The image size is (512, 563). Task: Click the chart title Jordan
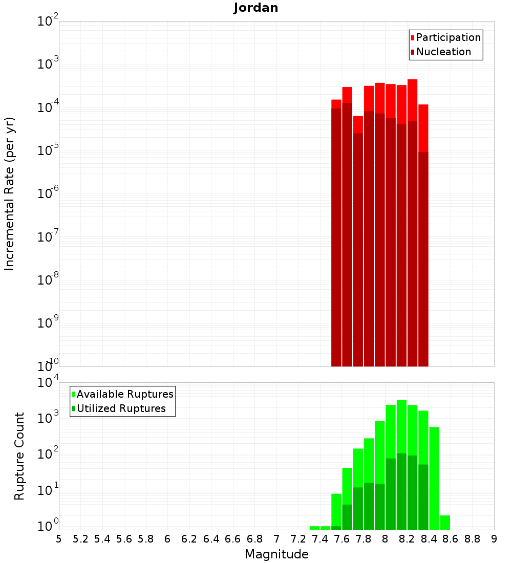point(255,8)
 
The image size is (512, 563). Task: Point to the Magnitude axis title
point(276,554)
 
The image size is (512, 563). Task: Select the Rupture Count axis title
point(19,456)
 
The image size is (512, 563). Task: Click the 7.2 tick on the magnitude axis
point(298,539)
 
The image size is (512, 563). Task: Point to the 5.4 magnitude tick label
point(102,539)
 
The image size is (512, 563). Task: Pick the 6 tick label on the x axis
point(167,539)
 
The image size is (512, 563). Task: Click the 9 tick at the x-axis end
point(494,539)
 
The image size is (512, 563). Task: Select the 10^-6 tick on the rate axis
point(47,193)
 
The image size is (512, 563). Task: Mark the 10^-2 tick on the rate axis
point(47,21)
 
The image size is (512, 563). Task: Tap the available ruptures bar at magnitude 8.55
point(445,523)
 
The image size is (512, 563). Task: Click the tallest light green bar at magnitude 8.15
point(401,425)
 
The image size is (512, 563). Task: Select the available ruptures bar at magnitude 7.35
point(314,528)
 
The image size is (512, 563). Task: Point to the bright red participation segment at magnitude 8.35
point(423,128)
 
